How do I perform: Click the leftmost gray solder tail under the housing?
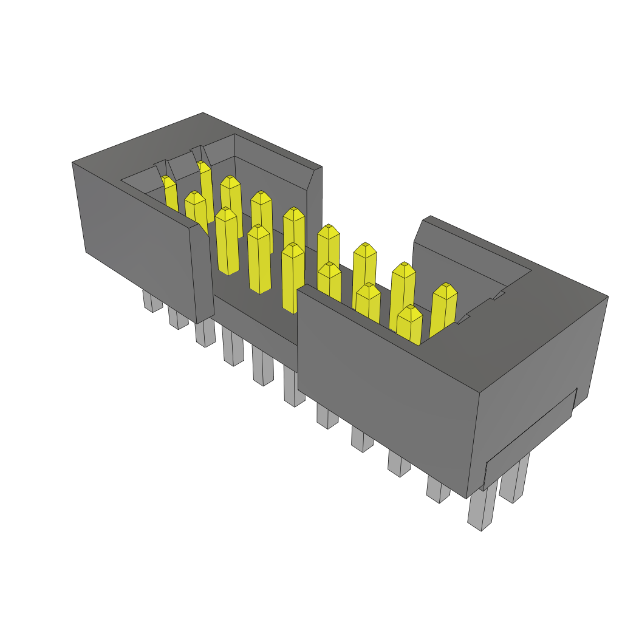pyautogui.click(x=149, y=301)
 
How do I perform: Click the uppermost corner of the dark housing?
pyautogui.click(x=202, y=114)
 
